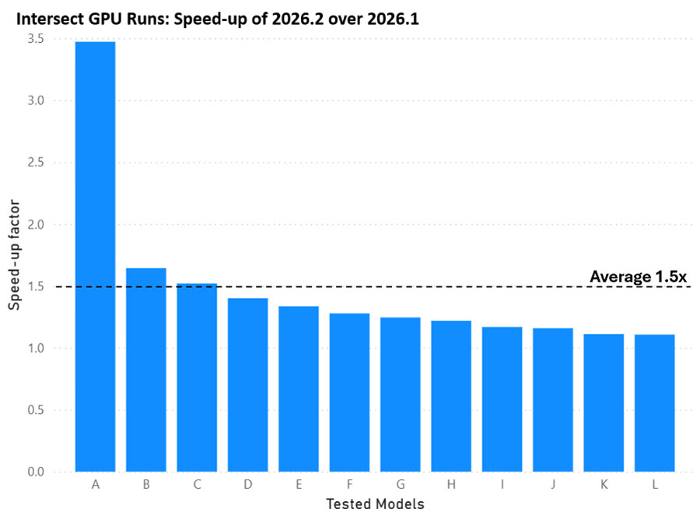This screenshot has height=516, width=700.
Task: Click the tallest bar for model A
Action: pos(95,256)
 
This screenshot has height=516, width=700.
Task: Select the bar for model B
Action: pos(146,370)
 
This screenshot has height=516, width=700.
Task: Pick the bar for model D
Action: pos(248,384)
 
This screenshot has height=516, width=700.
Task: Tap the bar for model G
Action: pos(401,395)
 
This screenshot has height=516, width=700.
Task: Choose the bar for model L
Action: pos(654,403)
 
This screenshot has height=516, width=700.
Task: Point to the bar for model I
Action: pos(502,399)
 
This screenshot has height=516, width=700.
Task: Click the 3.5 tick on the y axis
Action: pos(36,39)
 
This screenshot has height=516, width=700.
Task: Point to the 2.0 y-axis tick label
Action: pos(36,224)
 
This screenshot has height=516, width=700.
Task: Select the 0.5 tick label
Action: pos(36,409)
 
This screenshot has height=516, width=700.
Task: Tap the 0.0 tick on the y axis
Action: pos(36,472)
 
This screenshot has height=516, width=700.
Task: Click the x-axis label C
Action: pos(197,485)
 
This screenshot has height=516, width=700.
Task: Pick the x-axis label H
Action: pos(451,485)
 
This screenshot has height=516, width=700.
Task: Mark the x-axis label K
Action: pos(604,485)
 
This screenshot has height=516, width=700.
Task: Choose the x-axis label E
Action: pos(299,485)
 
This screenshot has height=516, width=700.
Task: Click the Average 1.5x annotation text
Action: pos(638,276)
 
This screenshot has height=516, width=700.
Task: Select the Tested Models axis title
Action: pos(375,504)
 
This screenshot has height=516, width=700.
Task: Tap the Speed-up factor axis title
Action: pos(14,254)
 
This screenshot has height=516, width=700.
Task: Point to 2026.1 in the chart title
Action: pos(394,19)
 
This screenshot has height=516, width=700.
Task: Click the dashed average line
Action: pos(373,286)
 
